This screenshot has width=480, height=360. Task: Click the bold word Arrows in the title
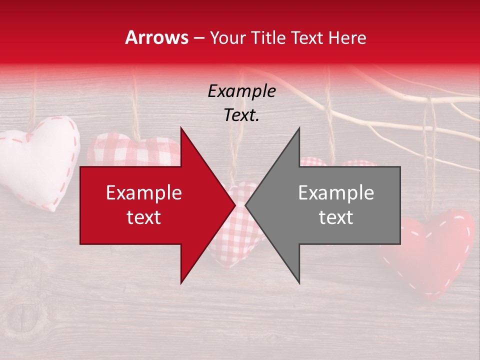click(157, 37)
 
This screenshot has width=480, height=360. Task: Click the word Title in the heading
click(267, 37)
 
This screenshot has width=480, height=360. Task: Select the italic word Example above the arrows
click(241, 91)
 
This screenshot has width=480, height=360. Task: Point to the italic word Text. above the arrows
click(241, 115)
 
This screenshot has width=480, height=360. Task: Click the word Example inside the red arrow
click(143, 193)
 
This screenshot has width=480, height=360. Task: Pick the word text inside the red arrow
click(143, 217)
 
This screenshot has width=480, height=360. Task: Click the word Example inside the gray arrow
click(336, 193)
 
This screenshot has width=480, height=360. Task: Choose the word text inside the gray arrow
click(336, 217)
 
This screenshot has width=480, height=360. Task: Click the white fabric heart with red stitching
click(37, 160)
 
